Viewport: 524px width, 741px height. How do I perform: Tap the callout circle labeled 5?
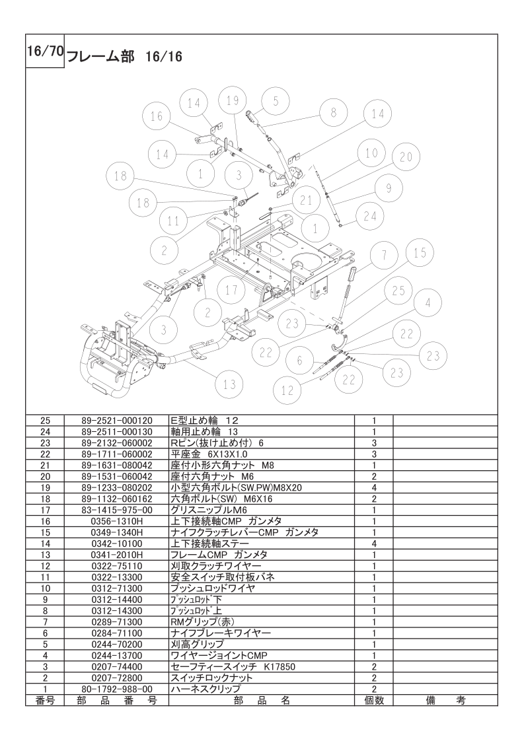point(276,101)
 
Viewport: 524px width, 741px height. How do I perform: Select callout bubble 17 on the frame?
point(231,289)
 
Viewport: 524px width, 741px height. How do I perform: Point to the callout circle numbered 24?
point(370,216)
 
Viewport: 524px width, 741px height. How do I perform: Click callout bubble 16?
point(156,116)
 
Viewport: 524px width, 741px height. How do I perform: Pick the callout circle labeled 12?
point(287,390)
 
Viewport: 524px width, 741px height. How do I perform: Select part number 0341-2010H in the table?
point(117,555)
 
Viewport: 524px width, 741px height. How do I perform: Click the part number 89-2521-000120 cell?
point(117,420)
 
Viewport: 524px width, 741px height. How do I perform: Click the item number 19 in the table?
point(44,487)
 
